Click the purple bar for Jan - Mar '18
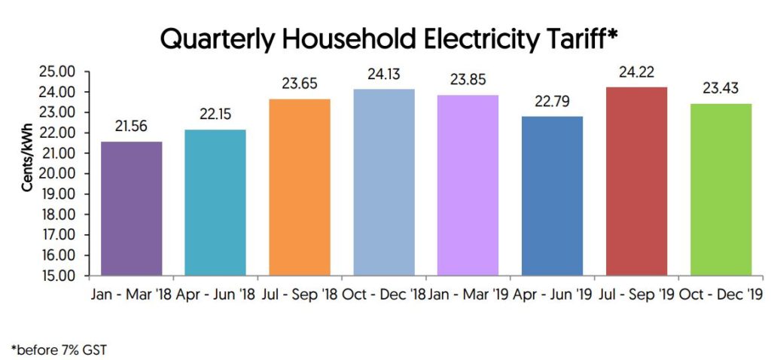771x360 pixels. pos(131,208)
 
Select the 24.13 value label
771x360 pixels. pos(383,75)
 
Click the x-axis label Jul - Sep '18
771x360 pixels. pos(299,294)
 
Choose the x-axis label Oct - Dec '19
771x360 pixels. pos(721,294)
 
